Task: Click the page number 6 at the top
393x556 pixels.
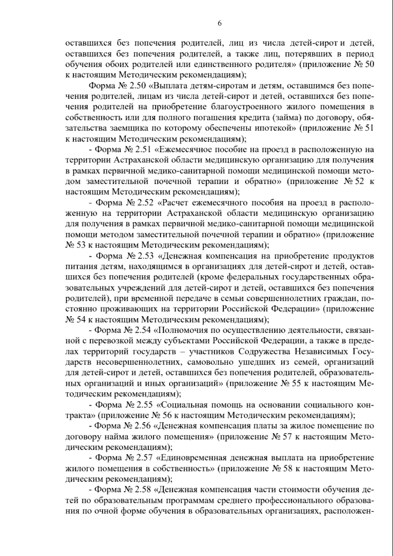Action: [x=219, y=23]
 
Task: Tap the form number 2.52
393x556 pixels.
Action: [x=145, y=203]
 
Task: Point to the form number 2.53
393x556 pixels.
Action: [x=145, y=256]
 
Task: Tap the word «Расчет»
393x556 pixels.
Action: [x=177, y=203]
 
